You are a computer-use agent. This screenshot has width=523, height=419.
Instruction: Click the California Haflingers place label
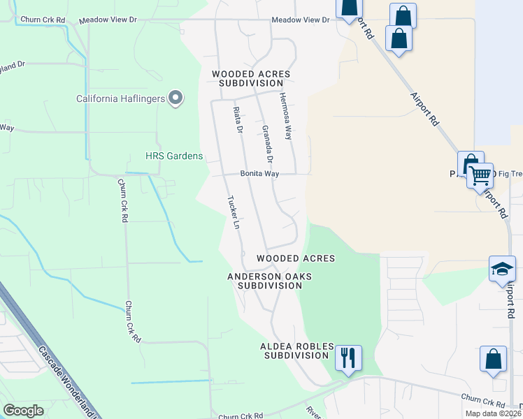pyautogui.click(x=120, y=98)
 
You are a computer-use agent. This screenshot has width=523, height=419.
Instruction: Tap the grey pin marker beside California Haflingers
pyautogui.click(x=175, y=98)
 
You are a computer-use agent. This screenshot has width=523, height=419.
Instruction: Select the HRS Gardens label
pyautogui.click(x=173, y=156)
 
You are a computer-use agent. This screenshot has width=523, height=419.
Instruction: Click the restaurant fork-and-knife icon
pyautogui.click(x=348, y=358)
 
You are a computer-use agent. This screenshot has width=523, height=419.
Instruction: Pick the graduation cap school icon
pyautogui.click(x=502, y=270)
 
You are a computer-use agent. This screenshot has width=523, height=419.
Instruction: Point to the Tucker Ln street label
pyautogui.click(x=234, y=212)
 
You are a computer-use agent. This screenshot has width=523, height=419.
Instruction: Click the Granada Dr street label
pyautogui.click(x=266, y=140)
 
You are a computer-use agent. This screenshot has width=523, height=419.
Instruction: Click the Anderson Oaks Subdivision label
pyautogui.click(x=269, y=281)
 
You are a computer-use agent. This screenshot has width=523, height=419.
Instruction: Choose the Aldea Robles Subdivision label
pyautogui.click(x=294, y=351)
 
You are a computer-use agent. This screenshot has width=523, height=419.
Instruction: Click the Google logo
pyautogui.click(x=24, y=411)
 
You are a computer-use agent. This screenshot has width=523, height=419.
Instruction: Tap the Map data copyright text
pyautogui.click(x=493, y=413)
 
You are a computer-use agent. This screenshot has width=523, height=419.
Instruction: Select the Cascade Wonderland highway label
pyautogui.click(x=66, y=381)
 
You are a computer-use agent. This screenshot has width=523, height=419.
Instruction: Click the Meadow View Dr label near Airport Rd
pyautogui.click(x=300, y=20)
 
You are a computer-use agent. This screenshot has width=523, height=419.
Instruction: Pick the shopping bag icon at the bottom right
pyautogui.click(x=493, y=359)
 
